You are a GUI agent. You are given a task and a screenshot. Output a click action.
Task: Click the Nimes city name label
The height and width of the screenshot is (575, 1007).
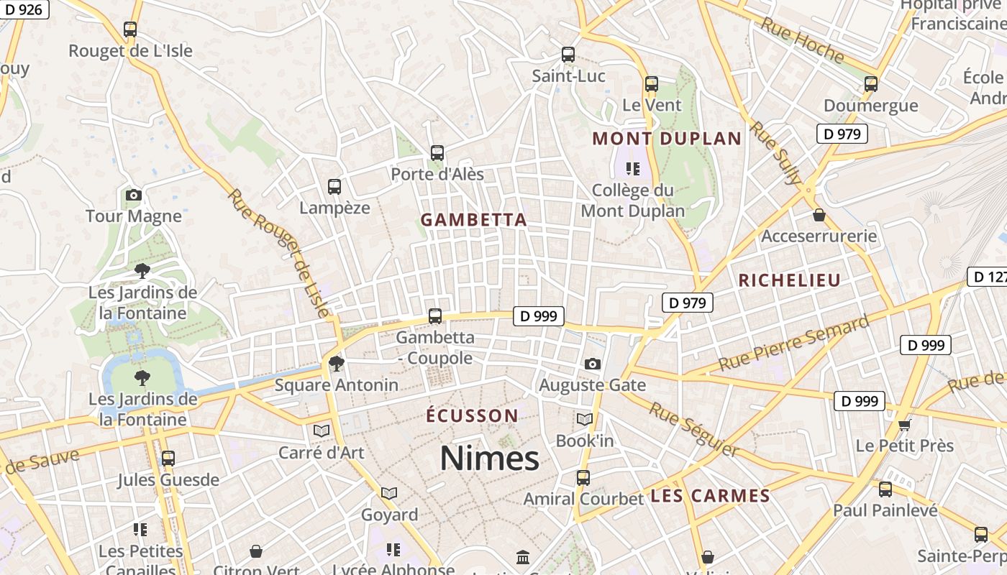coord(489,458)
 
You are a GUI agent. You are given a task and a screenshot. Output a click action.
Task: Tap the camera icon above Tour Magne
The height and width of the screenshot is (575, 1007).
coord(133,195)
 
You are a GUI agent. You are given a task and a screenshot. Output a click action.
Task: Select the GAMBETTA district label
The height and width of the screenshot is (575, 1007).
coord(473,220)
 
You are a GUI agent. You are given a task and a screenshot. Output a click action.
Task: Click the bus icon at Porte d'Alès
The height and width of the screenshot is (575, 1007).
coord(437,153)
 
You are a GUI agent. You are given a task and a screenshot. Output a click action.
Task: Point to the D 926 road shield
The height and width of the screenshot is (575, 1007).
coord(24,9)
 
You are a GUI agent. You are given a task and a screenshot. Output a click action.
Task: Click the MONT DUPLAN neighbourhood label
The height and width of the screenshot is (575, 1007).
coord(666,139)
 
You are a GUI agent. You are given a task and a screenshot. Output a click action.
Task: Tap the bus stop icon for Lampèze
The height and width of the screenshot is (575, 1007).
coord(334,187)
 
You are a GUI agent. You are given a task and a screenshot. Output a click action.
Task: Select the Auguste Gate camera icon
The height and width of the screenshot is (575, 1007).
coord(592,364)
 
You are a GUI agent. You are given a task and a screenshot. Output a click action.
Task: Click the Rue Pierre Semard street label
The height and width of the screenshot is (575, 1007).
coord(793,344)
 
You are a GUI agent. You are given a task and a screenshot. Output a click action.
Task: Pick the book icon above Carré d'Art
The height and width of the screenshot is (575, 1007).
coord(321,431)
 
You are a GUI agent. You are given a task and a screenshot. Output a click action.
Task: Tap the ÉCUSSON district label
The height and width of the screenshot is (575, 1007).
coord(471,416)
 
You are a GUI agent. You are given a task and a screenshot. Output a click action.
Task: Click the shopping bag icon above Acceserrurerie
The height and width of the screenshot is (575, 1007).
coord(819,215)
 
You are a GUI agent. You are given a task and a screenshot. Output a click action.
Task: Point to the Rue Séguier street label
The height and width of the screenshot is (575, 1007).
coord(693,430)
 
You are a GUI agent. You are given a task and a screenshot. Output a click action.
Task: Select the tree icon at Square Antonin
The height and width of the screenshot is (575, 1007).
coord(336,364)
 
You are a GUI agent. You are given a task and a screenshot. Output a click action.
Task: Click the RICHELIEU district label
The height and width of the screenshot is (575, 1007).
coord(789,281)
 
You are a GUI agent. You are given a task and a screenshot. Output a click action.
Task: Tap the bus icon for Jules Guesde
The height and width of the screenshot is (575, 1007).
coord(168,458)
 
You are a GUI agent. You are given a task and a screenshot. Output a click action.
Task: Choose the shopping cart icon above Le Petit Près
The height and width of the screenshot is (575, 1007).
coord(904,425)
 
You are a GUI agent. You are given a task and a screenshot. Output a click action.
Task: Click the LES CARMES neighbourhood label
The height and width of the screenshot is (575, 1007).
coord(710,496)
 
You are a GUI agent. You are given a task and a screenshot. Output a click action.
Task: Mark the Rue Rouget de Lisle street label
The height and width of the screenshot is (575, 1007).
coord(278,252)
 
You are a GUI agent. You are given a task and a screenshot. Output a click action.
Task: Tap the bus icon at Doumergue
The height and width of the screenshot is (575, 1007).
coord(870,84)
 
